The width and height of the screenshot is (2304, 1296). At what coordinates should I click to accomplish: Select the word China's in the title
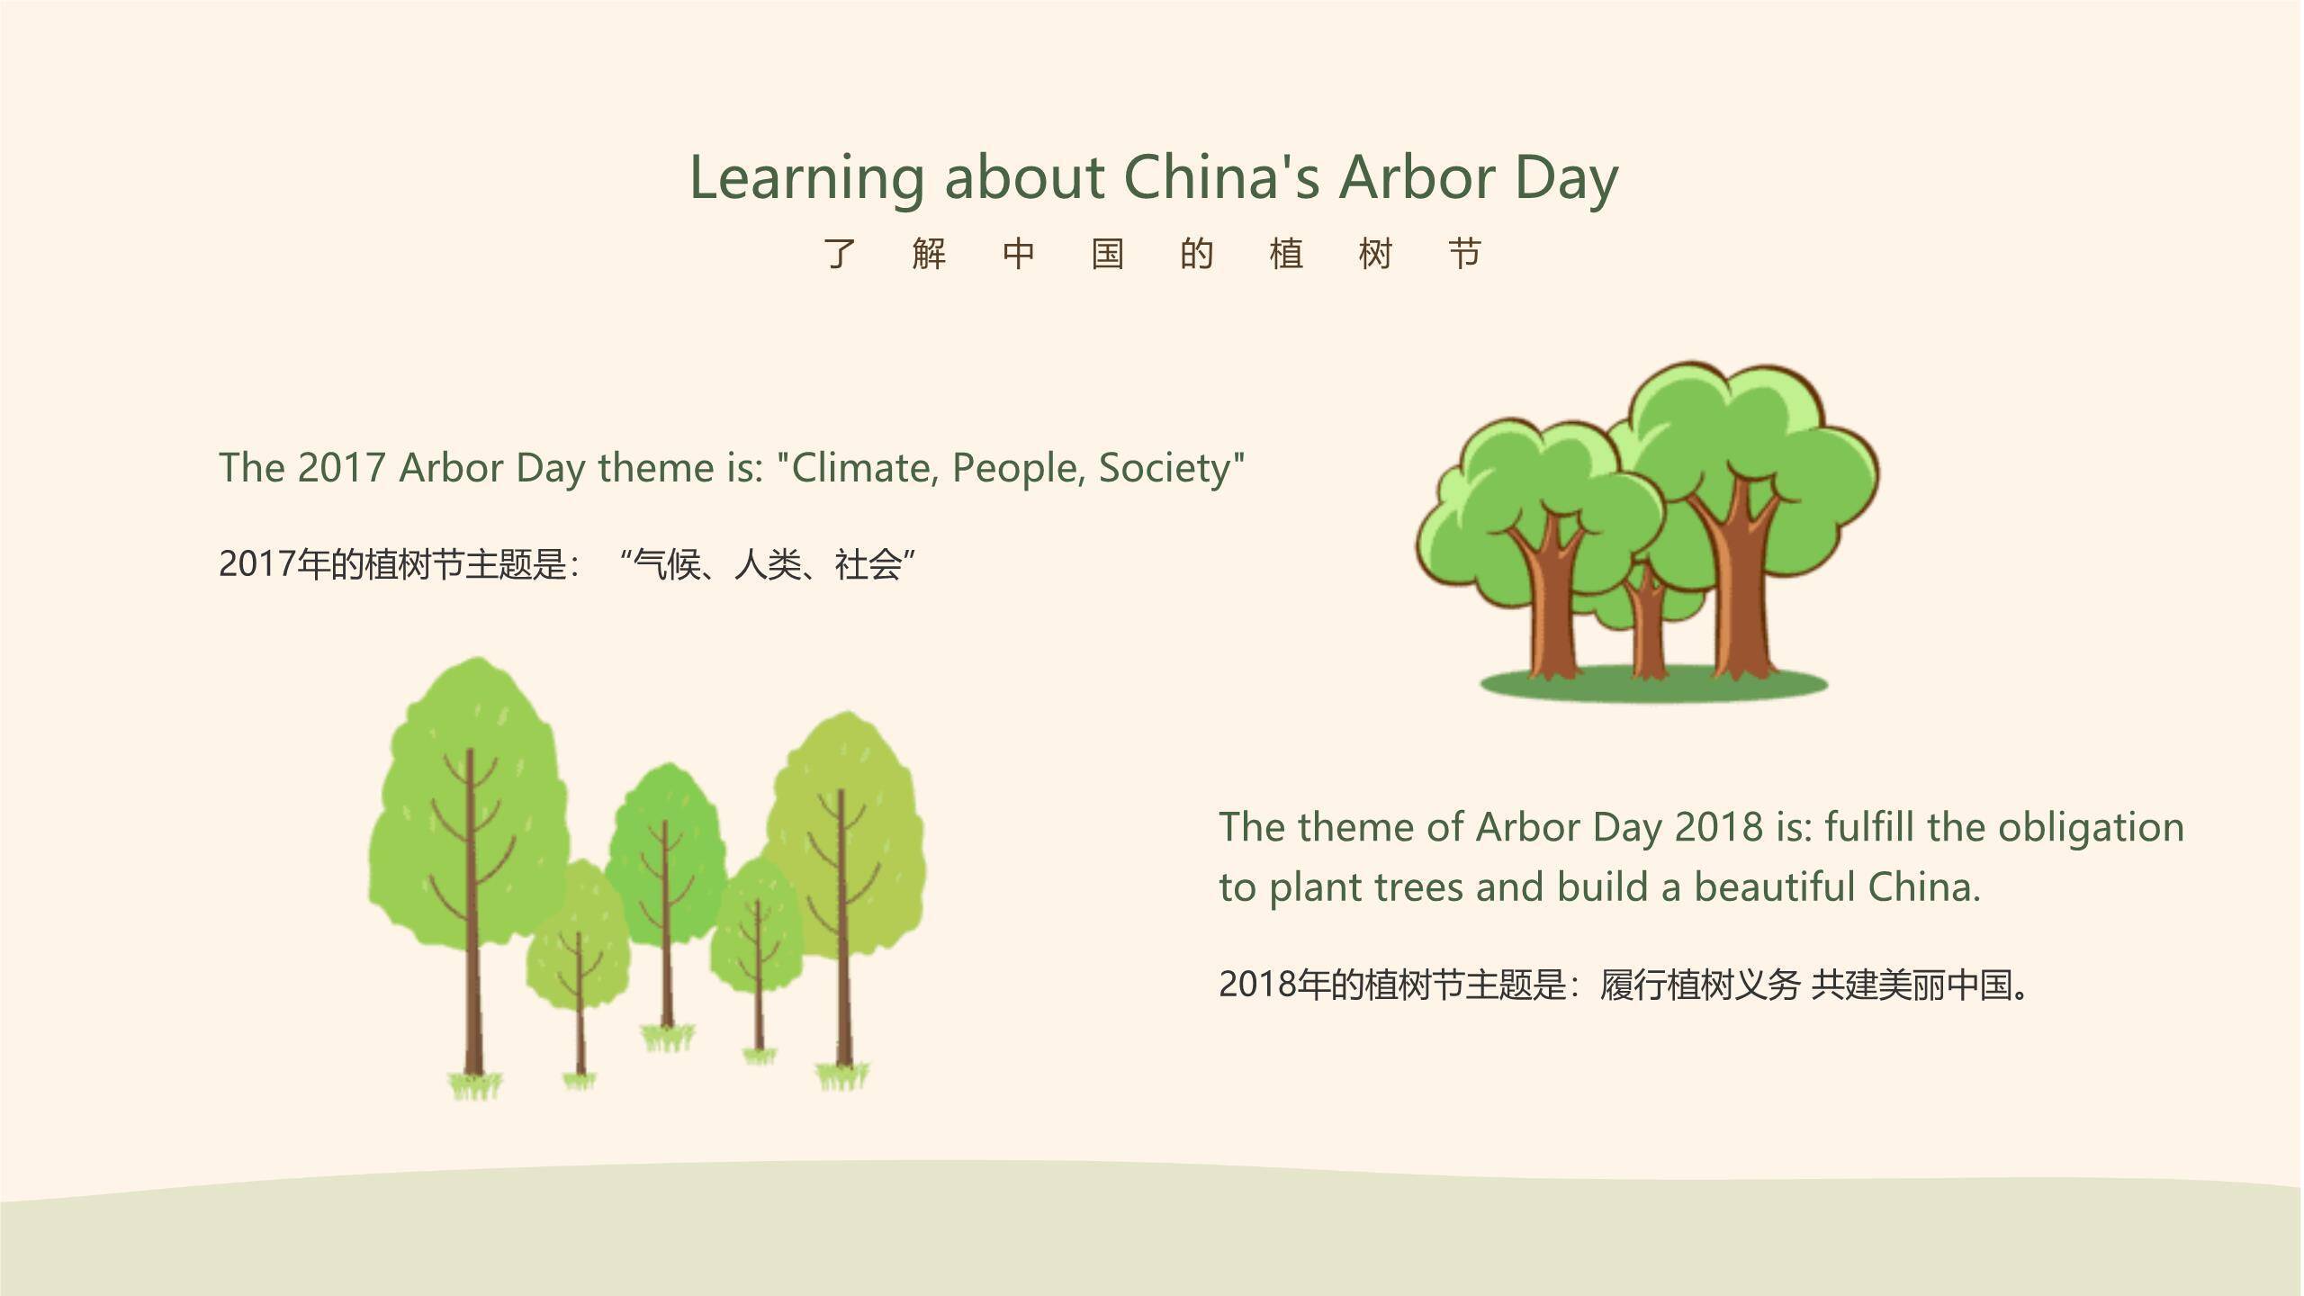pos(1222,176)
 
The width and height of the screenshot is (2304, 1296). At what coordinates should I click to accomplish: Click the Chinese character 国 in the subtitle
pos(1107,254)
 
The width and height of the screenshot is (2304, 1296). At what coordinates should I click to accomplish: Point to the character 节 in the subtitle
pos(1464,254)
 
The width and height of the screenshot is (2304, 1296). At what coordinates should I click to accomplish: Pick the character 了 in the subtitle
pos(840,254)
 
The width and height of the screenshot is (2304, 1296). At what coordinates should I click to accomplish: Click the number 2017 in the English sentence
pos(341,468)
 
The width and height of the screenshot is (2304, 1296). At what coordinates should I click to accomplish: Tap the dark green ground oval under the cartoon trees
pos(1654,684)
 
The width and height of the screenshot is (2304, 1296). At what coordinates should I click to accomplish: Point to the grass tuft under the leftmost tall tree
pos(475,1086)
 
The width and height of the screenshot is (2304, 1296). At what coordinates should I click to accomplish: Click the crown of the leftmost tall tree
pos(468,801)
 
